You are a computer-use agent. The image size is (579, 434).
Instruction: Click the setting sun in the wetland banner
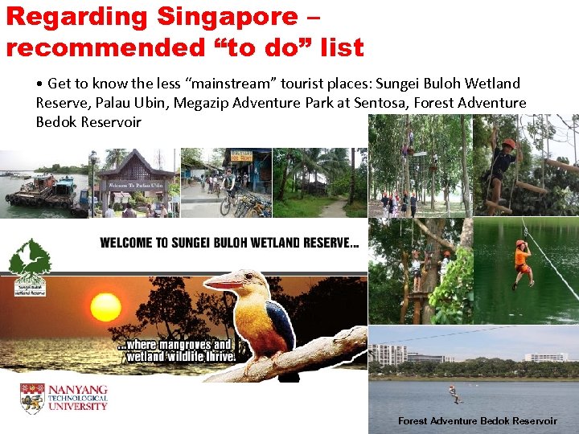(x=105, y=306)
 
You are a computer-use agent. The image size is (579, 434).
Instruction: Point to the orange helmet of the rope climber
(x=508, y=144)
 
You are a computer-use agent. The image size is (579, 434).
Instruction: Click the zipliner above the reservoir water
(x=454, y=393)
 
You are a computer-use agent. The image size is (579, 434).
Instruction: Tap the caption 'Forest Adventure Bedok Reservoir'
(x=477, y=421)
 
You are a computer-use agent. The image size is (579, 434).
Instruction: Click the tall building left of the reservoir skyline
(x=387, y=354)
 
